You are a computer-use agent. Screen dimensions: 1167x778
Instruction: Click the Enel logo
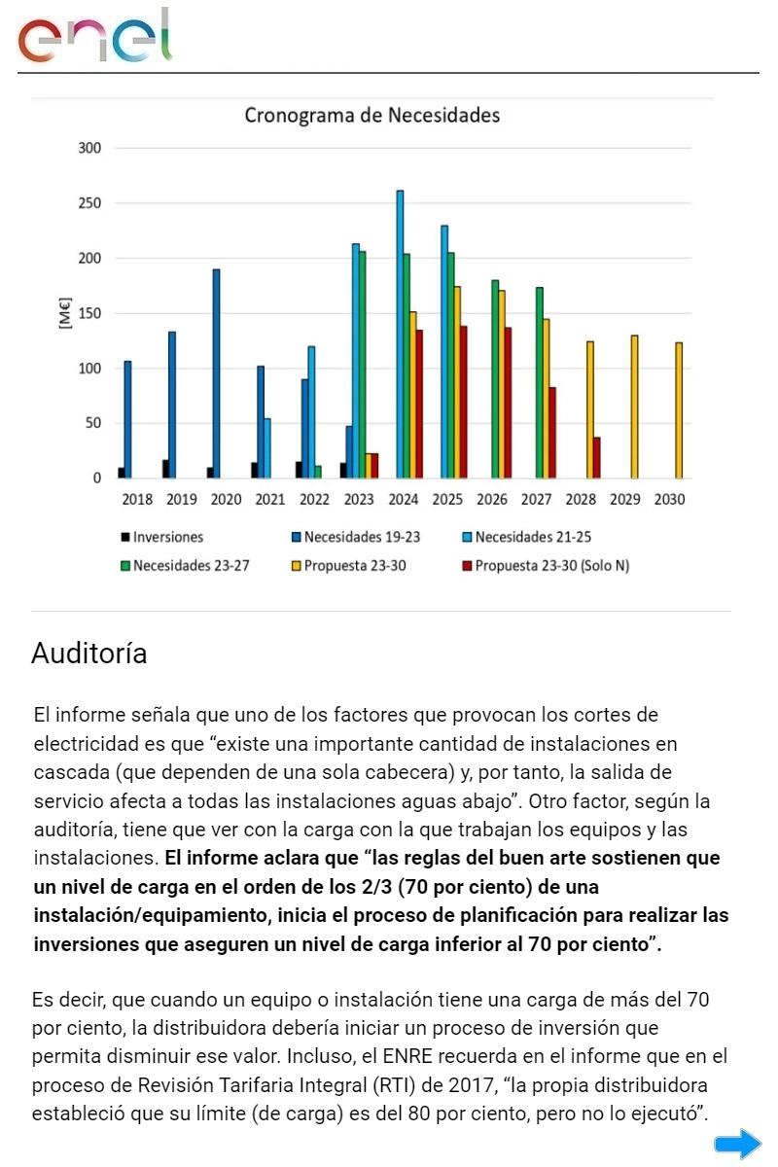(94, 37)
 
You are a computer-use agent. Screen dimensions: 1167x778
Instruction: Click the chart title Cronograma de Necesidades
(371, 116)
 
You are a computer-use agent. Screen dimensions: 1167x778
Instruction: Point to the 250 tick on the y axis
(89, 203)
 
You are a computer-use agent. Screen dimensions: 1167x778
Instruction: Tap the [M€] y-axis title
(65, 314)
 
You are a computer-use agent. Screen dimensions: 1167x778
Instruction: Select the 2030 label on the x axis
(669, 500)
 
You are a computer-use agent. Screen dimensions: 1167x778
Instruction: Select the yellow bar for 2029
(634, 407)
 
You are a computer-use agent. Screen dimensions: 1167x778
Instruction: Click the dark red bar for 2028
(596, 457)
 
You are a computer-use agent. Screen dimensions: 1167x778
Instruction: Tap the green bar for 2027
(539, 382)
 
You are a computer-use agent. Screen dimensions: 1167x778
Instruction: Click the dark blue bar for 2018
(127, 419)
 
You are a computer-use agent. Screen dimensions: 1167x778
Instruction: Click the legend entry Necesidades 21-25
(533, 537)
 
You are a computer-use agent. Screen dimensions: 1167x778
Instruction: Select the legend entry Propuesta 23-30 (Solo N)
(551, 566)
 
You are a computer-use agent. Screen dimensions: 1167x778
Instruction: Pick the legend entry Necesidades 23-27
(191, 566)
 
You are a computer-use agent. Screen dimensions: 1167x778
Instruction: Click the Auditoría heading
(89, 654)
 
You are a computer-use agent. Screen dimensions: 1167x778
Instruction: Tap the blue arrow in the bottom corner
(738, 1143)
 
